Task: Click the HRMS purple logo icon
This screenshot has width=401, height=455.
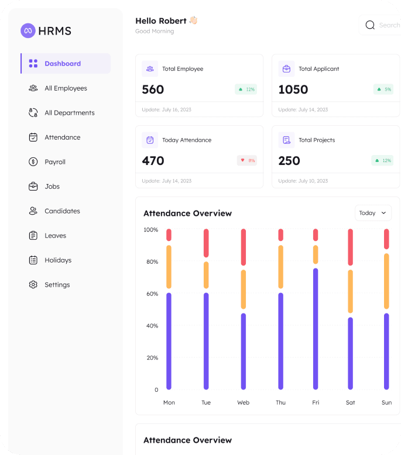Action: (28, 30)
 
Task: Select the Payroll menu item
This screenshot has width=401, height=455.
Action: (55, 162)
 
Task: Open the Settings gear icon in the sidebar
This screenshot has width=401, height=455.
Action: (33, 285)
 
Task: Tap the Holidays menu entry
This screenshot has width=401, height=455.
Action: (58, 260)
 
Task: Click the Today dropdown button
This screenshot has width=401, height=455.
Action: (373, 213)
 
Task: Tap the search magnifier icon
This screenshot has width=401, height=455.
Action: (370, 25)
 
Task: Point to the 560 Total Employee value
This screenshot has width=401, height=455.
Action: (153, 89)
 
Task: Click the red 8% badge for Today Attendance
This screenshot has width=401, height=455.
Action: (247, 160)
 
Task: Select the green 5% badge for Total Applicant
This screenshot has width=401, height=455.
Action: (383, 89)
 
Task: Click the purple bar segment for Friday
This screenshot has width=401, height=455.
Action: (316, 329)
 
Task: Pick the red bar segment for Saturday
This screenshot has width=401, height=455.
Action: (351, 247)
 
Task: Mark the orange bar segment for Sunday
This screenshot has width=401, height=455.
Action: (386, 281)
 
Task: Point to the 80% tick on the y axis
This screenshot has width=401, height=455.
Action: (152, 262)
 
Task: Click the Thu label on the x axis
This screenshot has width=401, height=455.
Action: (281, 402)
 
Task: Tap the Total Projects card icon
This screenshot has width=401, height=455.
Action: (287, 140)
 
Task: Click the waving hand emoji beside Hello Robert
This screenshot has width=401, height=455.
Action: (193, 20)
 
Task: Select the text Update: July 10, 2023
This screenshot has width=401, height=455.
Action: (303, 181)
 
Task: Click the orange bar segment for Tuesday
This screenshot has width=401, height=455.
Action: (206, 275)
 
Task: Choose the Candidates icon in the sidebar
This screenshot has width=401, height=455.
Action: (33, 211)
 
